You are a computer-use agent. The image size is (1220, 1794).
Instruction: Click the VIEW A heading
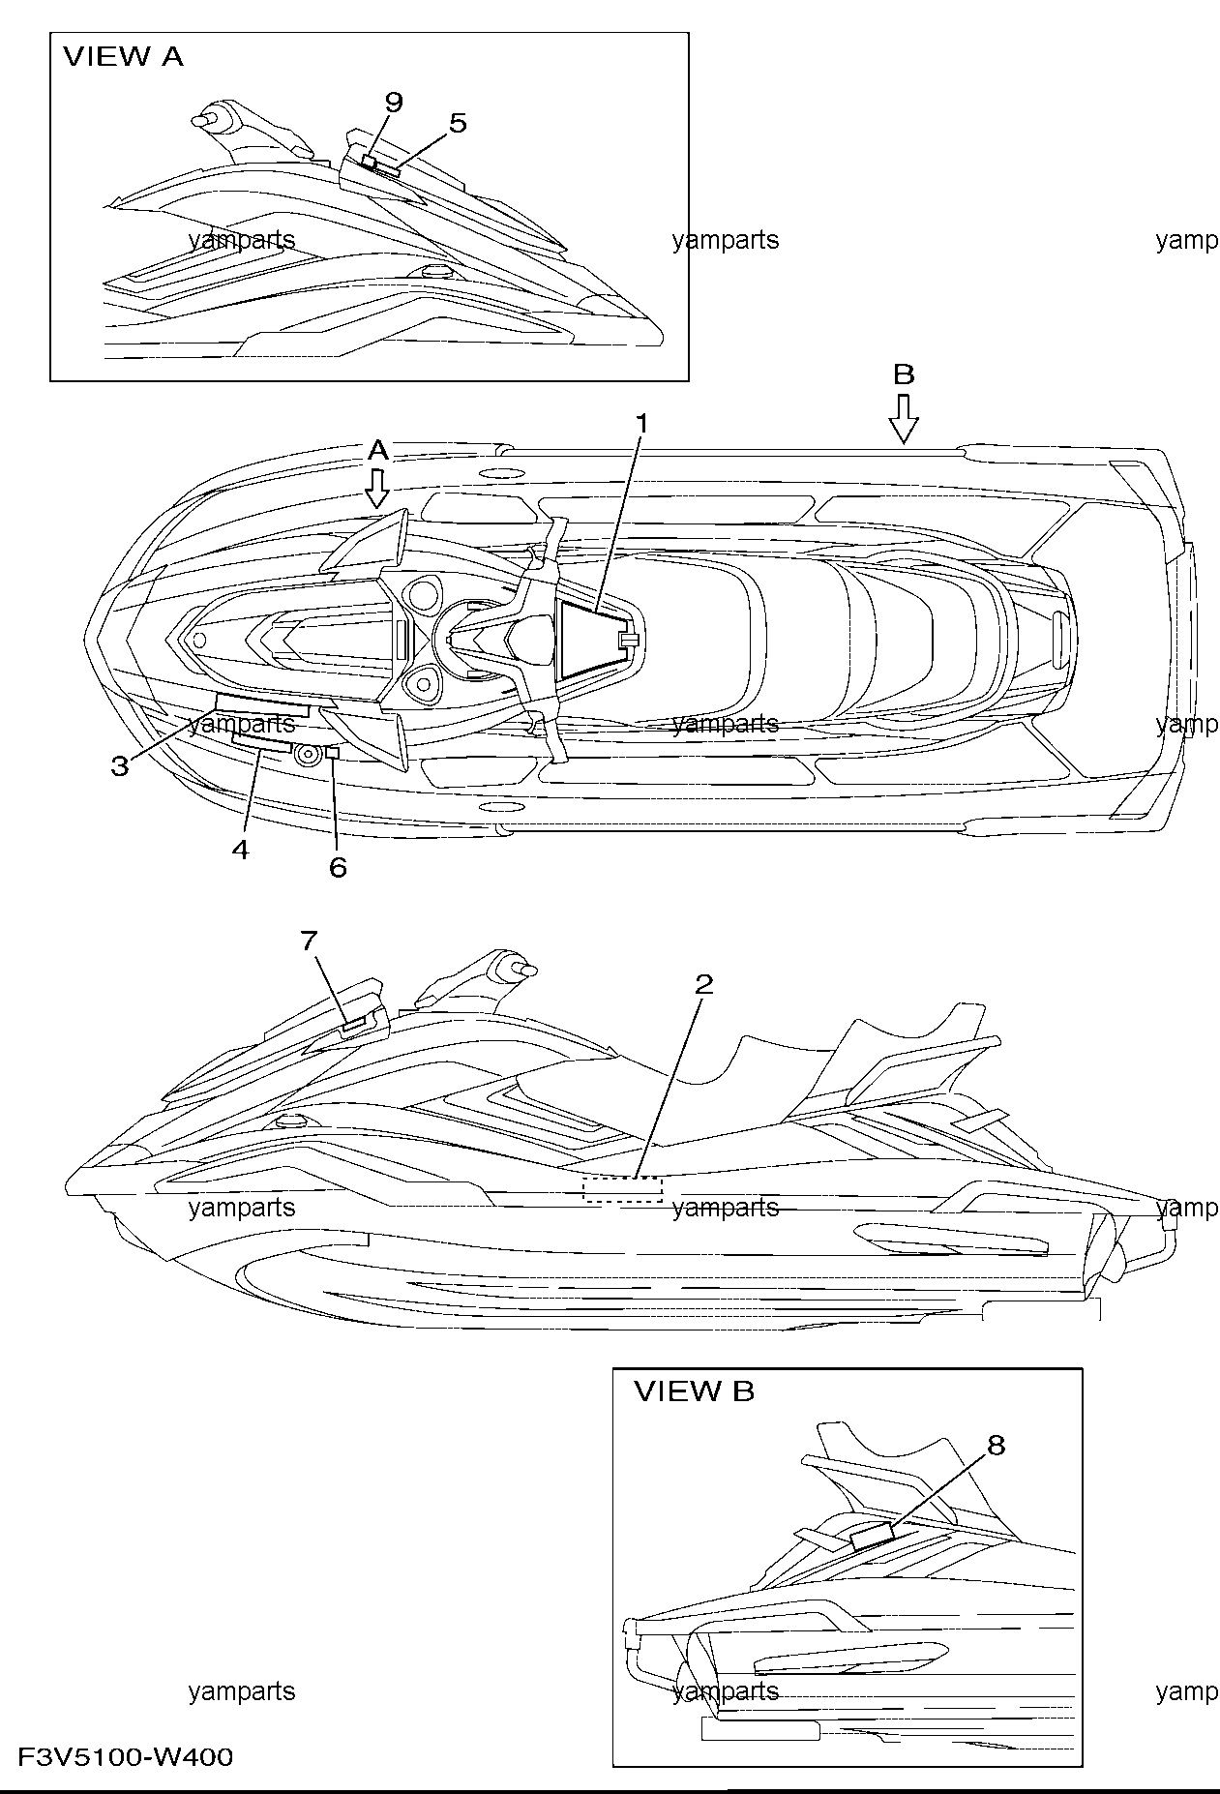tap(123, 57)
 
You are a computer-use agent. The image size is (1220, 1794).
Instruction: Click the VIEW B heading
tap(694, 1392)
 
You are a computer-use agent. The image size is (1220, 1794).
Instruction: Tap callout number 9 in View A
tap(393, 103)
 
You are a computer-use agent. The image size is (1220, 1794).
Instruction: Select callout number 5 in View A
tap(458, 123)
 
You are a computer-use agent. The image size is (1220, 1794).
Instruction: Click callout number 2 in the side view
tap(704, 984)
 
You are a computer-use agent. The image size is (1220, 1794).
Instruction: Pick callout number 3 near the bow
tap(119, 766)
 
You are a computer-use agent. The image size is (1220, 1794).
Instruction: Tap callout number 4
tap(240, 850)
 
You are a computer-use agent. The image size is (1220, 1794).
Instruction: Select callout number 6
tap(338, 867)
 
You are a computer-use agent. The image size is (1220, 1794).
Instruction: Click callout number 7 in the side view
tap(308, 940)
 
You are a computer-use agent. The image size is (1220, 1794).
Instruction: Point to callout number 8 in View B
tap(996, 1445)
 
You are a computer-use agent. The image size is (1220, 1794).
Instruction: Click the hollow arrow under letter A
tap(378, 489)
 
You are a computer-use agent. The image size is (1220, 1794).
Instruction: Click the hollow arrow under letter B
tap(904, 418)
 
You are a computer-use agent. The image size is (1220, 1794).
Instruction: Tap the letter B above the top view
tap(904, 374)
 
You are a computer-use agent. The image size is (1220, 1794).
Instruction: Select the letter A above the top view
tap(378, 450)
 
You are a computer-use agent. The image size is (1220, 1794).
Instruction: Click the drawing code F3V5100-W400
tap(125, 1756)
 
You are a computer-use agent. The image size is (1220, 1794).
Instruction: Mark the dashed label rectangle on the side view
tap(623, 1189)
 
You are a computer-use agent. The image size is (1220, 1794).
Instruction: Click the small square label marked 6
tap(332, 752)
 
